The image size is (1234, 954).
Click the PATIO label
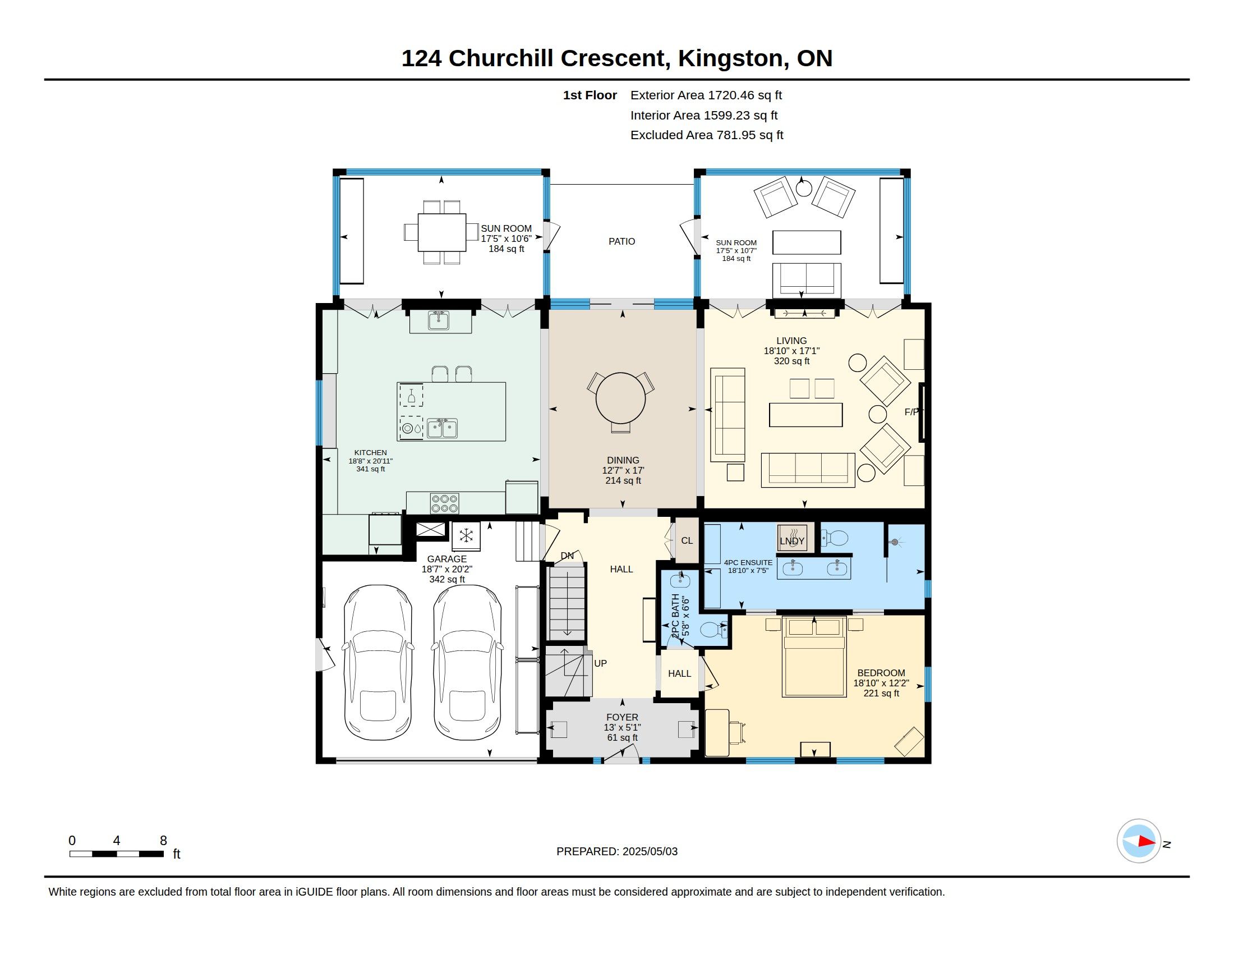621,241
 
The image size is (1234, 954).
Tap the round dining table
620,398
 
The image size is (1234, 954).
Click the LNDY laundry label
791,541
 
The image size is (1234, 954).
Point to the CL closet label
687,540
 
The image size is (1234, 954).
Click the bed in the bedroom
814,657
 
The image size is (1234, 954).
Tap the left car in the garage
377,662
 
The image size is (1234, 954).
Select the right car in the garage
467,662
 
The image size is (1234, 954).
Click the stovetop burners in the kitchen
445,503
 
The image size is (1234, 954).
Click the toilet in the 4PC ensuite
834,538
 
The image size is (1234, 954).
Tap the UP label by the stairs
600,663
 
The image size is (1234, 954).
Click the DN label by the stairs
567,556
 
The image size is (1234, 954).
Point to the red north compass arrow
1146,841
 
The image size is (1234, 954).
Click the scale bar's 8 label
163,841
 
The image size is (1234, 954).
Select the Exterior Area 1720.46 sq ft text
706,95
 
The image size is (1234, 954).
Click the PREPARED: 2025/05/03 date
617,851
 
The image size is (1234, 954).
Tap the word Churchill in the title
500,58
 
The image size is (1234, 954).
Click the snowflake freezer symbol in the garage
466,535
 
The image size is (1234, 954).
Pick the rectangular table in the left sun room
442,232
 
